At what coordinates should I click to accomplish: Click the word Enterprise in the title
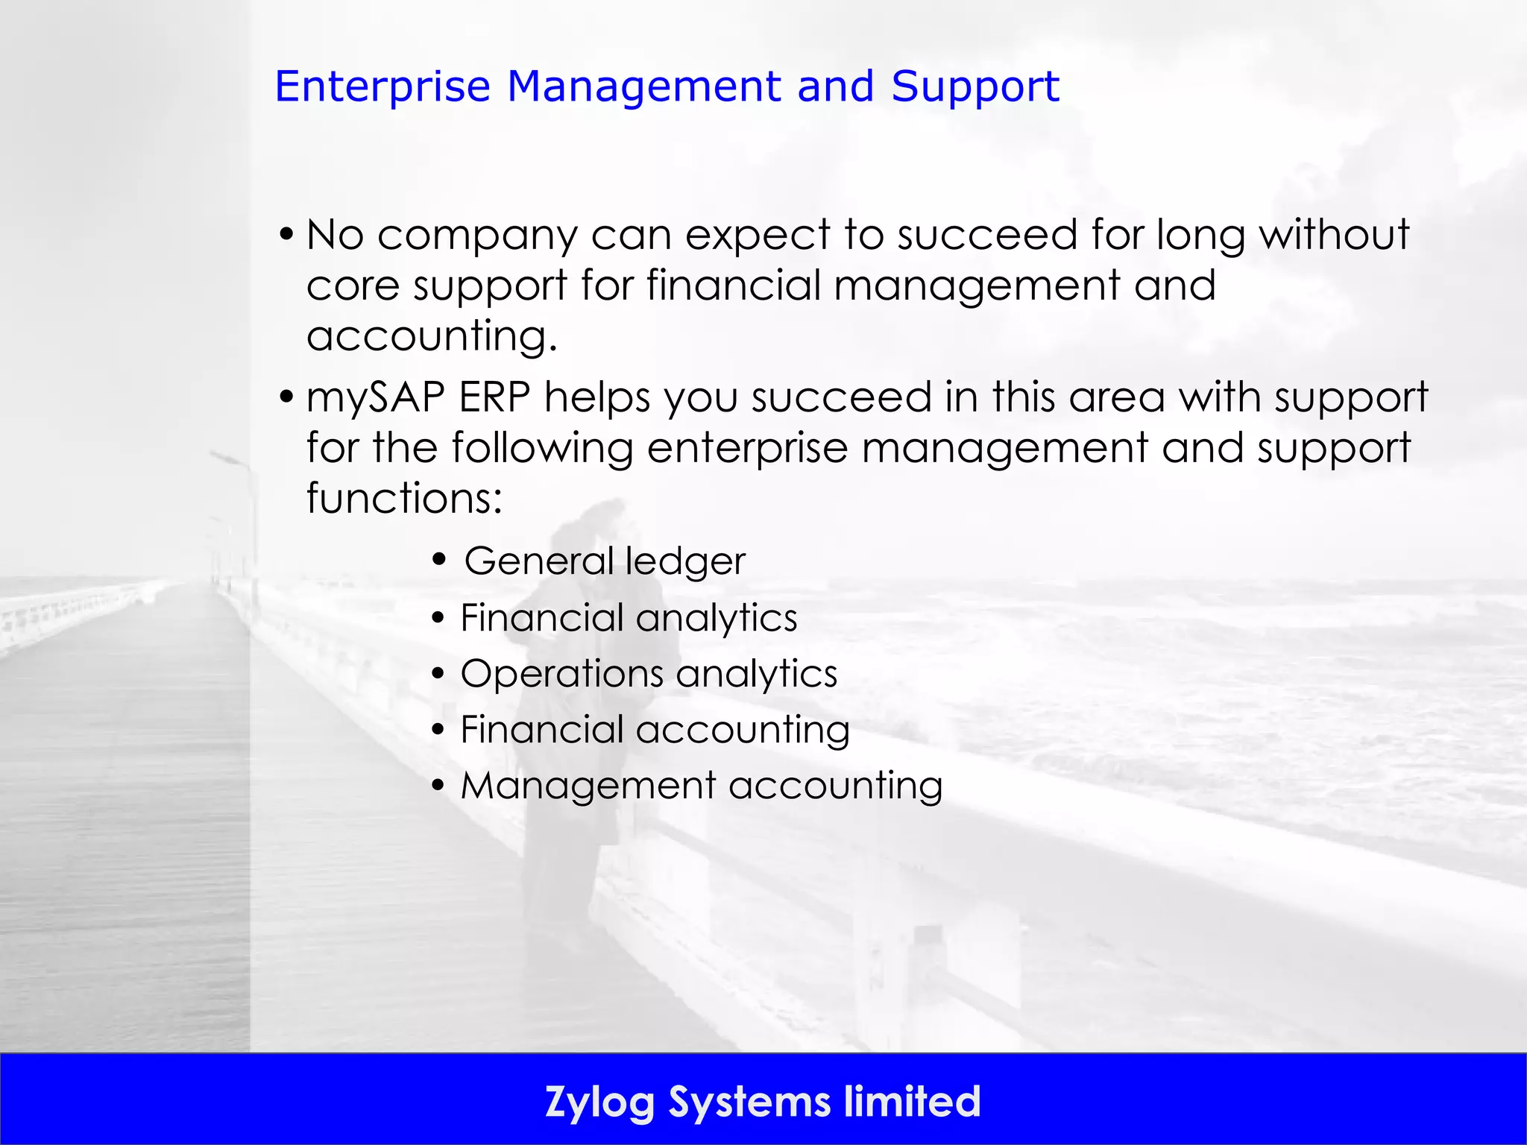click(382, 87)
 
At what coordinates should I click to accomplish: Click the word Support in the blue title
click(975, 87)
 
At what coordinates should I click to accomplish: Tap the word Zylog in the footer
click(599, 1102)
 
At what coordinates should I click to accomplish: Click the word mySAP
click(376, 397)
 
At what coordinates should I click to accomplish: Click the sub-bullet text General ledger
click(605, 561)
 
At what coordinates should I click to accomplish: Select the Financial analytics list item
click(629, 618)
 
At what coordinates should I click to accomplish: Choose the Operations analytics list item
click(649, 674)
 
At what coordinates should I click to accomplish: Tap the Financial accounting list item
click(655, 730)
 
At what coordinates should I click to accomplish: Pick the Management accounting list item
click(702, 786)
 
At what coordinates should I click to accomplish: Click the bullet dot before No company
click(286, 236)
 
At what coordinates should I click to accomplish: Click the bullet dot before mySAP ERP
click(286, 397)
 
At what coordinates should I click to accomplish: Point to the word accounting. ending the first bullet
click(432, 335)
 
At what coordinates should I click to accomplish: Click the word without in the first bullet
click(1334, 235)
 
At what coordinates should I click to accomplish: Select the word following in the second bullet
click(542, 448)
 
